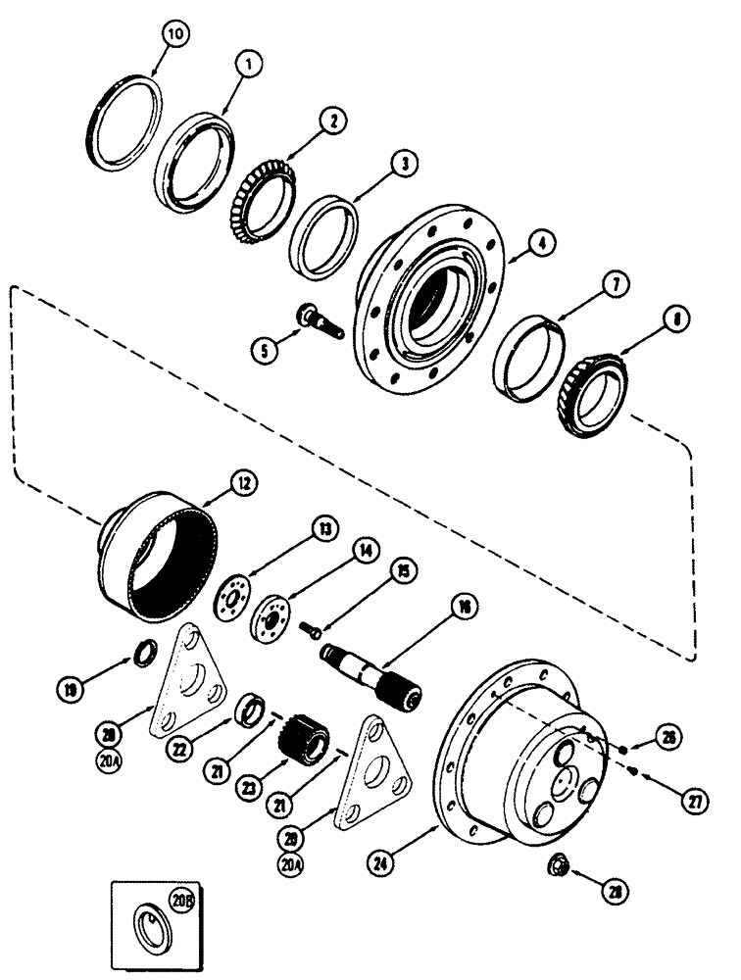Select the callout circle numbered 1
(x=249, y=66)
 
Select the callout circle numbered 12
(x=242, y=482)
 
